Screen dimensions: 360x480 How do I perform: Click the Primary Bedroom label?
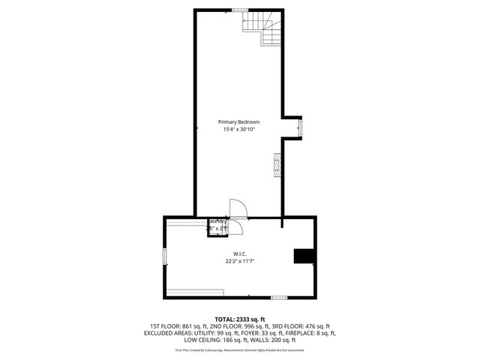[238, 121]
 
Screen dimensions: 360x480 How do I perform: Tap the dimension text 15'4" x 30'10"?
[238, 130]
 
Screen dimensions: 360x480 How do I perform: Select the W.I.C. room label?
[240, 253]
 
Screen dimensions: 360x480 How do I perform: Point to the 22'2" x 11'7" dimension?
[240, 262]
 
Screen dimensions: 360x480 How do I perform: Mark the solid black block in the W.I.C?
[304, 256]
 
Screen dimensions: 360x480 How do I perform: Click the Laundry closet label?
[217, 221]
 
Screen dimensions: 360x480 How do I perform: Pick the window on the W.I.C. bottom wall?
[279, 298]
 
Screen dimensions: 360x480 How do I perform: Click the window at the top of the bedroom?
[240, 10]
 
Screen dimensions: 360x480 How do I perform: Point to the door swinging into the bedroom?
[237, 208]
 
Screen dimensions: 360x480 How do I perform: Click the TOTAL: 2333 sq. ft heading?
[240, 319]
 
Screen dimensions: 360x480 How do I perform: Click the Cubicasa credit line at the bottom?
[240, 349]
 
